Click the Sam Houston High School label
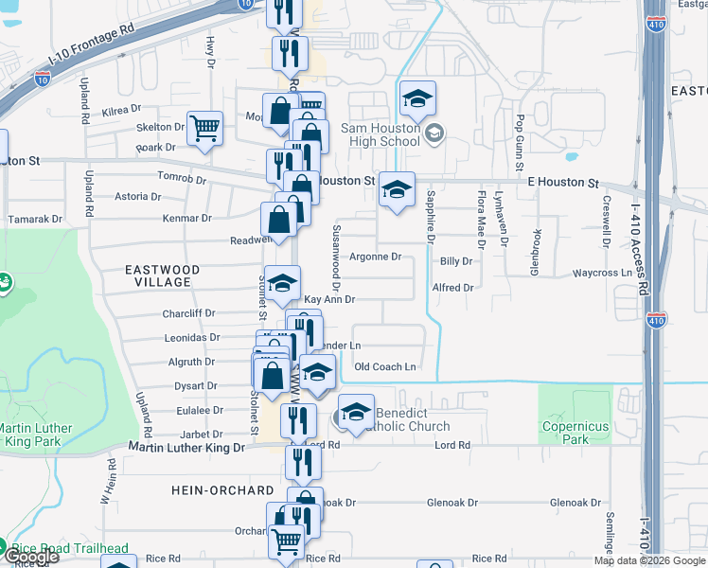coord(380,133)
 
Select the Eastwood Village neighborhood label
coord(163,275)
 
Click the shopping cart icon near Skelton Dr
coord(204,129)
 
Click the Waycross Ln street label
coord(601,273)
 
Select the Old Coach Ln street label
coord(384,366)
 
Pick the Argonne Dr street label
coord(377,257)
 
